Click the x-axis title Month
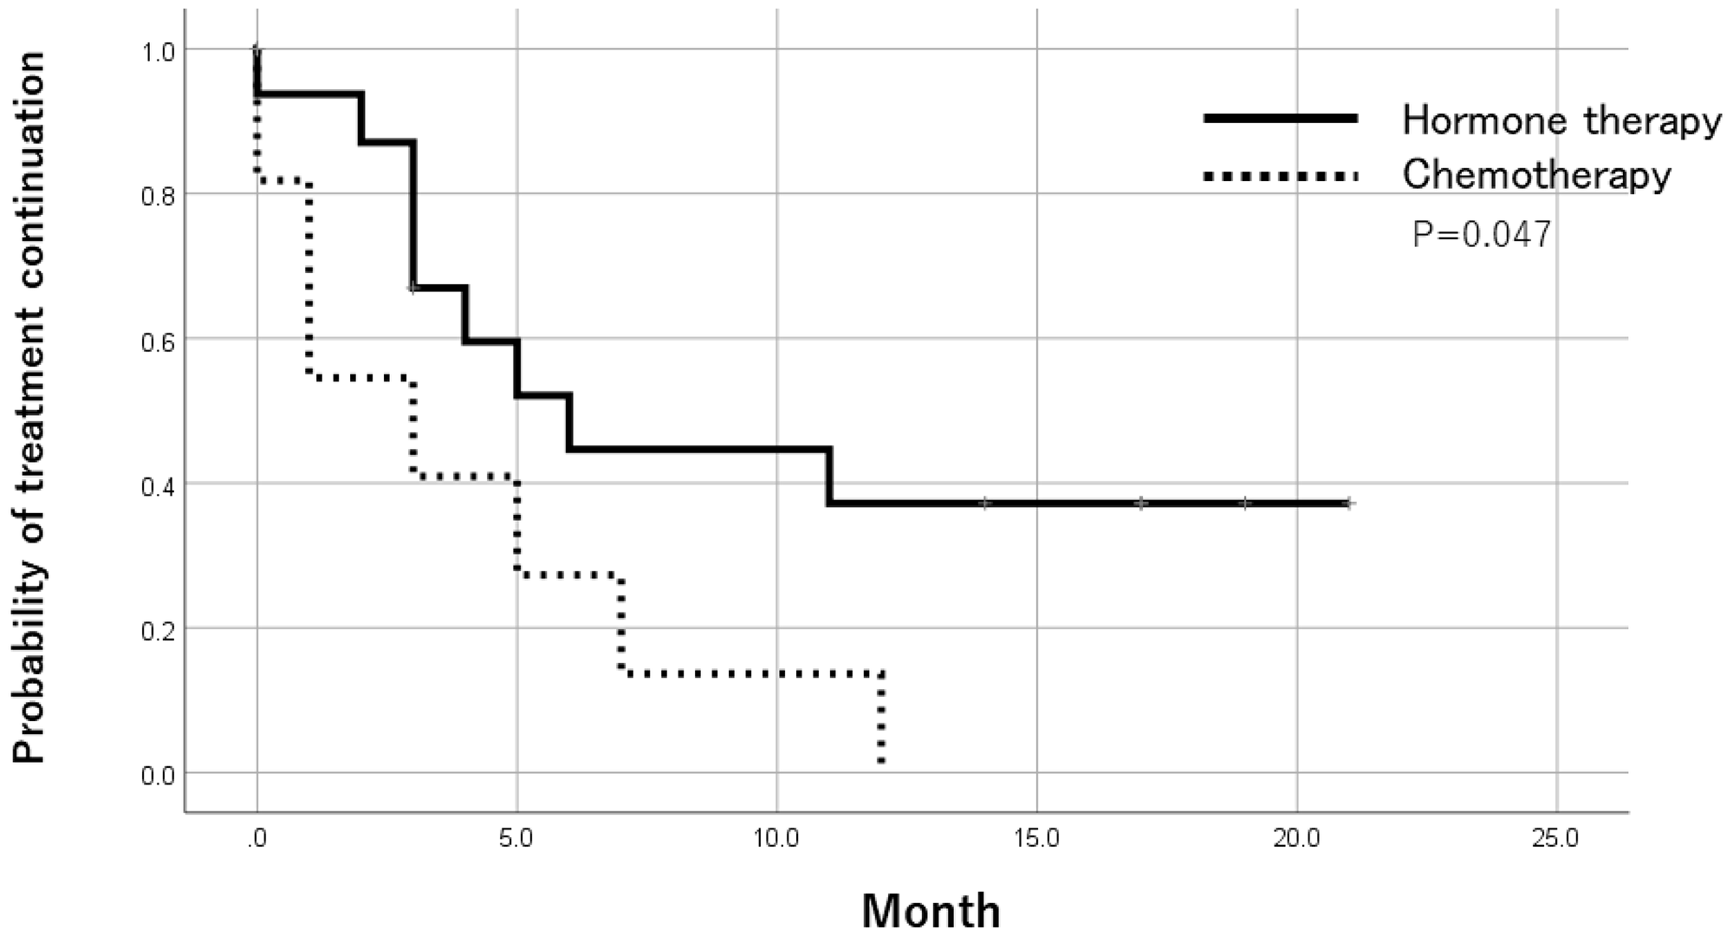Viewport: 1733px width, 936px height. pos(931,911)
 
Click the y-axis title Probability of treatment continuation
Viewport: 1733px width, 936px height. pos(30,407)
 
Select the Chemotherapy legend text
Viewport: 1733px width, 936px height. pos(1536,176)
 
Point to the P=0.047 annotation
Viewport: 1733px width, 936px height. pos(1482,235)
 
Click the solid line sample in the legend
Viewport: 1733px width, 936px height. pos(1280,120)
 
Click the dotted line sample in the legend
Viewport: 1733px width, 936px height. pos(1280,176)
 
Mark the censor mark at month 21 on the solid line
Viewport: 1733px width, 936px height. pos(1348,503)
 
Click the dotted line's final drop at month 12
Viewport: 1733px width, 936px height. pos(881,719)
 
